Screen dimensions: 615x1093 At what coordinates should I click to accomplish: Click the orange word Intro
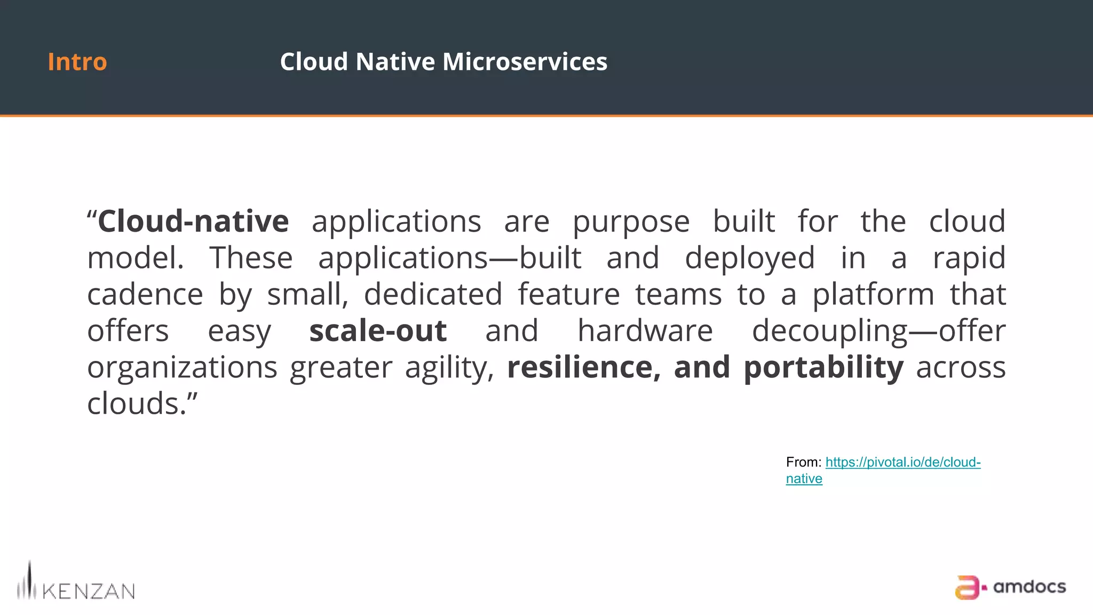[x=77, y=62]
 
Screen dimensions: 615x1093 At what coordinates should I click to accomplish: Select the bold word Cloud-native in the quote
[x=193, y=221]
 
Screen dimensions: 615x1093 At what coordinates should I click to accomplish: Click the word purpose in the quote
[x=631, y=222]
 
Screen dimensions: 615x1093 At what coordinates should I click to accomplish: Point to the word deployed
[x=750, y=258]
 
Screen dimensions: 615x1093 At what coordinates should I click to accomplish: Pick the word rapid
[x=969, y=258]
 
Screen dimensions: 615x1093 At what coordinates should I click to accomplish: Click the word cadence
[x=145, y=295]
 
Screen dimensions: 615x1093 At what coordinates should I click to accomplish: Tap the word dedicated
[x=433, y=295]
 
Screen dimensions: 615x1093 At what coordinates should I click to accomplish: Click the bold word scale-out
[x=378, y=331]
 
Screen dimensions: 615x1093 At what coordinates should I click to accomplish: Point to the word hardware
[x=645, y=331]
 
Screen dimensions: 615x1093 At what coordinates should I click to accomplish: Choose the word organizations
[x=183, y=368]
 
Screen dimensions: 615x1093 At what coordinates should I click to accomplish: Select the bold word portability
[x=823, y=368]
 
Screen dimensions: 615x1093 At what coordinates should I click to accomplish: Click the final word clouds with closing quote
[x=142, y=404]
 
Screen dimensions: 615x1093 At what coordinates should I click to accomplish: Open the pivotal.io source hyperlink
[x=902, y=462]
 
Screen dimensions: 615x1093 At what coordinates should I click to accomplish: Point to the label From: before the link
[x=803, y=462]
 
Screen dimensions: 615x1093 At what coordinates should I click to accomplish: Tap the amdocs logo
[x=1010, y=587]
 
